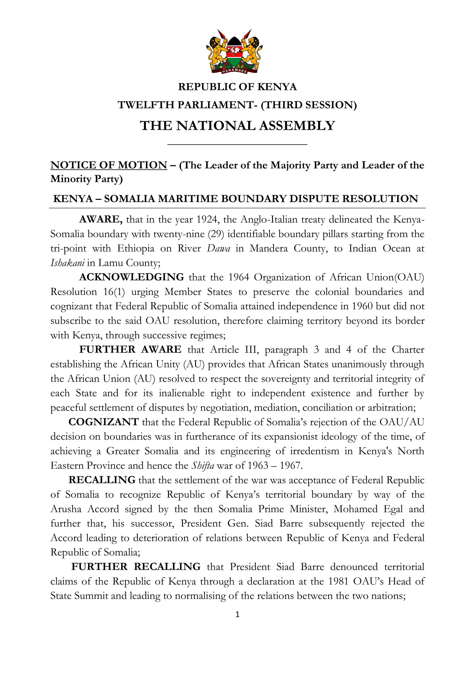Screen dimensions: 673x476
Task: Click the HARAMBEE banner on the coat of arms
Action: pyautogui.click(x=234, y=71)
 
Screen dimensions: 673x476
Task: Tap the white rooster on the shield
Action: pyautogui.click(x=234, y=52)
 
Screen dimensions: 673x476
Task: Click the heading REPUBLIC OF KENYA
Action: pyautogui.click(x=237, y=87)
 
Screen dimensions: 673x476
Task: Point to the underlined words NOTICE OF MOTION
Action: pyautogui.click(x=109, y=165)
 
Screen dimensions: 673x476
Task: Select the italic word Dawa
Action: pyautogui.click(x=218, y=248)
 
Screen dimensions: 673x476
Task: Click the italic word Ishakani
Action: pyautogui.click(x=67, y=263)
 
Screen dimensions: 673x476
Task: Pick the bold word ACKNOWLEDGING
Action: pyautogui.click(x=132, y=277)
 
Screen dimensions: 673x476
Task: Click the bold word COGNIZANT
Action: pyautogui.click(x=104, y=422)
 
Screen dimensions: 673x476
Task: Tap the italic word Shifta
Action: pyautogui.click(x=203, y=466)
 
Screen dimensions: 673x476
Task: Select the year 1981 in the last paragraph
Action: pyautogui.click(x=338, y=581)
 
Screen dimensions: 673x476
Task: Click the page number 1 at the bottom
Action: pyautogui.click(x=237, y=614)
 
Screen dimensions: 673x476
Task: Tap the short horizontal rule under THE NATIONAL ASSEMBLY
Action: pyautogui.click(x=237, y=144)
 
